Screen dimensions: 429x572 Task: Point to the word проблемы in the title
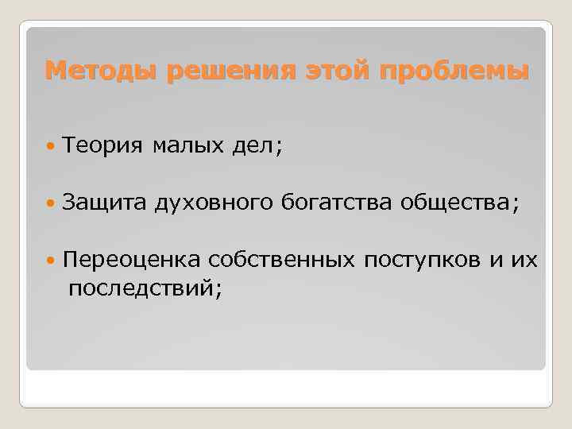[454, 71]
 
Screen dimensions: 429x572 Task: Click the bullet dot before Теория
[52, 146]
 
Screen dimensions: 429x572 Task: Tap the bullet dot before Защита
[52, 205]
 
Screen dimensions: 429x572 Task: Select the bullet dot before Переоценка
[52, 261]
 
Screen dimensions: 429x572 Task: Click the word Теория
[102, 145]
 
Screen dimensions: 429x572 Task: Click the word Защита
[102, 205]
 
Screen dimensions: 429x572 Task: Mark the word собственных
[283, 261]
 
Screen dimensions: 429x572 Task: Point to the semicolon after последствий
[218, 290]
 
